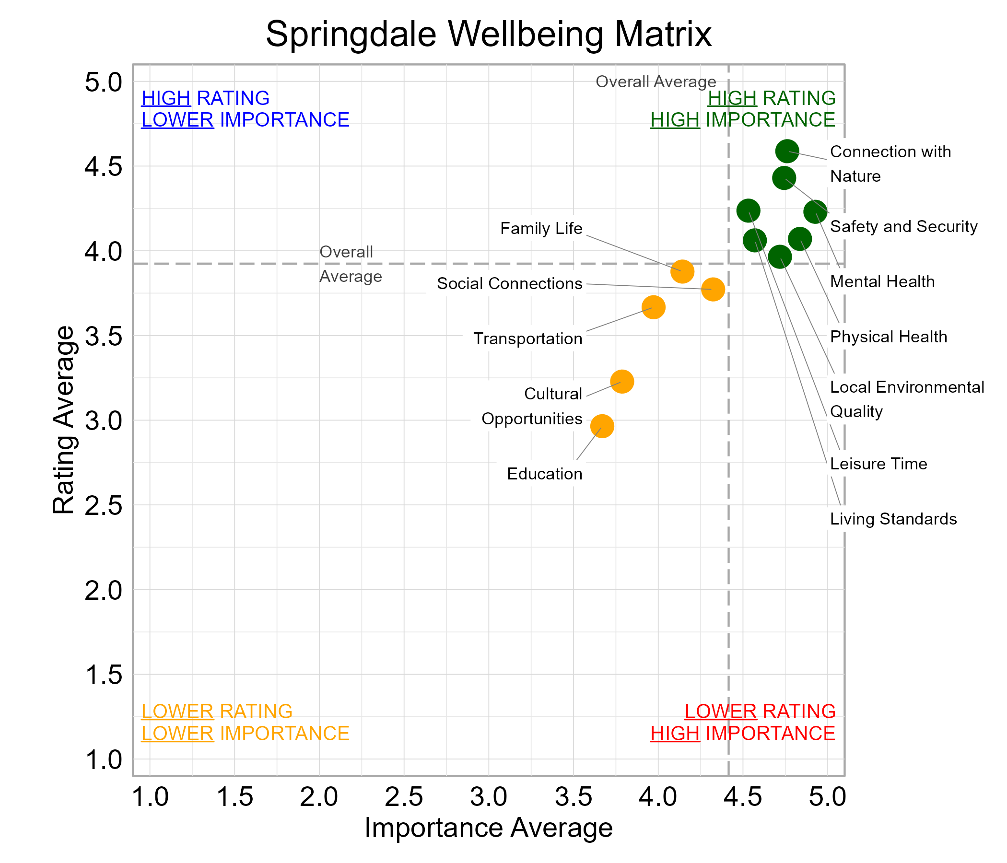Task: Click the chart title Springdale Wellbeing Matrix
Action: pos(488,34)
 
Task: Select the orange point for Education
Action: pos(602,426)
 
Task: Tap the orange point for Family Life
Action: pos(682,271)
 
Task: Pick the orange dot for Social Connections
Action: pos(713,290)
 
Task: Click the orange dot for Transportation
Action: pos(653,307)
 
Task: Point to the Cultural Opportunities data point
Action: pos(621,382)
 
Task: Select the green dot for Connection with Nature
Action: pos(787,151)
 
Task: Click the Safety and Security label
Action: pos(903,227)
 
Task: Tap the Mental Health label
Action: pos(882,282)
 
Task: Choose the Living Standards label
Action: pos(893,519)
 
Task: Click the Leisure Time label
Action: pos(878,464)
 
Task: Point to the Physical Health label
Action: pos(888,337)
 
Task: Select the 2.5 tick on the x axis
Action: pos(404,797)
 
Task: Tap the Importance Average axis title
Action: pos(488,828)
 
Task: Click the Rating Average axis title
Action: pos(64,420)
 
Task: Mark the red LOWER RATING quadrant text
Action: pos(760,711)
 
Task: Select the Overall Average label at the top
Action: pos(655,82)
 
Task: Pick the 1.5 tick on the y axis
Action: pos(103,675)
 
